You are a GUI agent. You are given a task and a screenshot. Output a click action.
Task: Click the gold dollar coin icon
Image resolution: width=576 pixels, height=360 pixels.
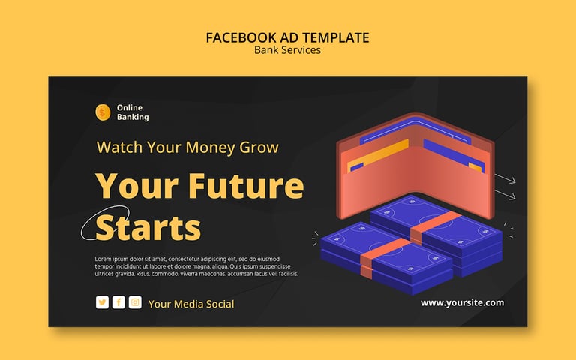[x=103, y=112]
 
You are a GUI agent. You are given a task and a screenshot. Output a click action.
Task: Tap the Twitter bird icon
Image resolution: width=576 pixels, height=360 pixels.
[x=102, y=302]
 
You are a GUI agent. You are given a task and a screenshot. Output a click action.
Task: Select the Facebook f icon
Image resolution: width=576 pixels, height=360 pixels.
[x=118, y=302]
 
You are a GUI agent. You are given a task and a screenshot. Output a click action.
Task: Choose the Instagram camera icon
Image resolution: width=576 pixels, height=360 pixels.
[x=135, y=302]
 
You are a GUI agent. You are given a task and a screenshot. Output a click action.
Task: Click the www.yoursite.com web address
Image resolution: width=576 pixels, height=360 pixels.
[x=462, y=303]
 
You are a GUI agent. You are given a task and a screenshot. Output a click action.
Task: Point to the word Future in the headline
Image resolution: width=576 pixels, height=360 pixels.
[x=248, y=185]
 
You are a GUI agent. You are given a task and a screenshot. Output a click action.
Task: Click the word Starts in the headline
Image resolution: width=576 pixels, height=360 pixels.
[x=148, y=228]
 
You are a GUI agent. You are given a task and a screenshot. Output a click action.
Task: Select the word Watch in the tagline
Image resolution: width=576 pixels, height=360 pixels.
[x=119, y=147]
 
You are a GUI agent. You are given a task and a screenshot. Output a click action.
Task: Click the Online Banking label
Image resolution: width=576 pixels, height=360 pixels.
[x=133, y=112]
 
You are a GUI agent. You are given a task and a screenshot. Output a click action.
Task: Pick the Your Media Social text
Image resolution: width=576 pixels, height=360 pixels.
[x=191, y=304]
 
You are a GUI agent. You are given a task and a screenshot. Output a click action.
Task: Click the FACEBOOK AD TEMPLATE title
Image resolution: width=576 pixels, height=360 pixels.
[x=288, y=37]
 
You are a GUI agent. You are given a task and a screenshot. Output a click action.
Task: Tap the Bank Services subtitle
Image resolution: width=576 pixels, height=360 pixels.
[x=288, y=50]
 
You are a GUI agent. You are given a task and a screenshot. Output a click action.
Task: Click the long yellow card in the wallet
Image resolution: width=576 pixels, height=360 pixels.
[x=378, y=156]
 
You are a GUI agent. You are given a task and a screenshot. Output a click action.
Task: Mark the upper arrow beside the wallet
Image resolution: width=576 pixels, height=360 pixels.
[x=505, y=179]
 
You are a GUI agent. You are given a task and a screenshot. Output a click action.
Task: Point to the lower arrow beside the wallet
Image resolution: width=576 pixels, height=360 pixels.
[x=505, y=195]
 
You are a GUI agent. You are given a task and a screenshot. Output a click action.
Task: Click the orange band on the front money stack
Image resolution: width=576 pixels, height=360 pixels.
[x=384, y=257]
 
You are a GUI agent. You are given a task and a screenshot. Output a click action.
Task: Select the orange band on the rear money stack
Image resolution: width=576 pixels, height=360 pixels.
[x=435, y=227]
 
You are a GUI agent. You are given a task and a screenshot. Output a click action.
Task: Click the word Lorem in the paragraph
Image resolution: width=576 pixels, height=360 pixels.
[x=103, y=259]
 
